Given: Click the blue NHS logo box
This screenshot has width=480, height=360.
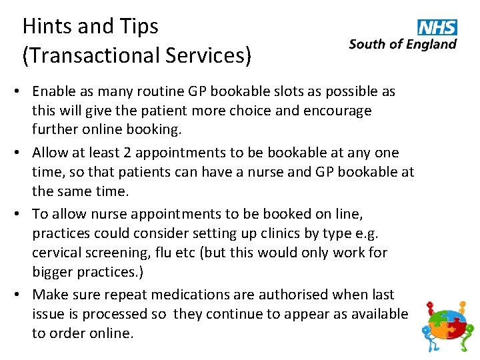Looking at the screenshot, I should point(437,27).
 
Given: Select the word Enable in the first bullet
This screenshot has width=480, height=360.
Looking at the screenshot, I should point(53,91).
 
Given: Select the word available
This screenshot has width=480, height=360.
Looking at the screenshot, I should point(375,313).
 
